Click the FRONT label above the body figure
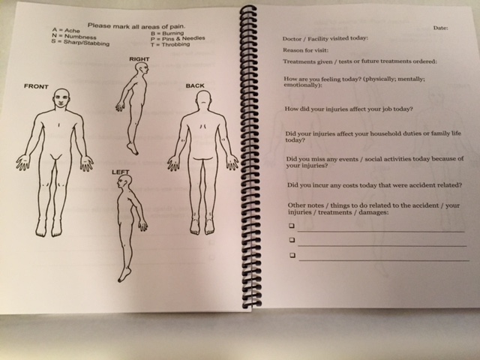tap(36, 86)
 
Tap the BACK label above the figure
tap(195, 85)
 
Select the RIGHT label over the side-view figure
tap(139, 58)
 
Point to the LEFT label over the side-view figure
tap(120, 172)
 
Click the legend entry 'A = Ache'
tap(66, 30)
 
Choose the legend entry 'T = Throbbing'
tap(170, 44)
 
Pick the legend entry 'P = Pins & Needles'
tap(178, 38)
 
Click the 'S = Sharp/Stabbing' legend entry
tap(80, 43)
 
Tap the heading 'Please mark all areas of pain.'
tap(136, 26)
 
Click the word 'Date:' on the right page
tap(440, 28)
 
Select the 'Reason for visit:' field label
tap(305, 50)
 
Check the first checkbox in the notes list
tap(292, 226)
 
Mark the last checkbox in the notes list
tap(292, 255)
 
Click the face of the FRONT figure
tap(61, 98)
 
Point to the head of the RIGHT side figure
tap(142, 67)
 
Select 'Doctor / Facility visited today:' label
tap(325, 38)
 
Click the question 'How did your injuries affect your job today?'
tap(349, 109)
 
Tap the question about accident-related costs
tap(375, 185)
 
